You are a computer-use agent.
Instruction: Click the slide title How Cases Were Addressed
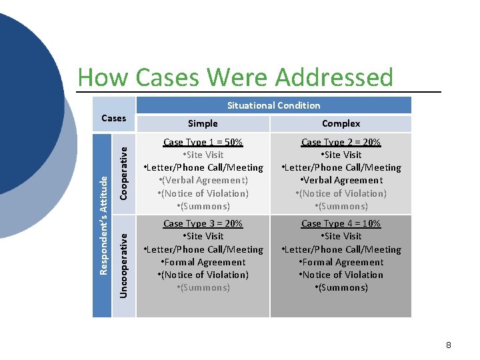pyautogui.click(x=235, y=77)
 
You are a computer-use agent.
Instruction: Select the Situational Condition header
pyautogui.click(x=273, y=105)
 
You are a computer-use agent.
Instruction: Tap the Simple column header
pyautogui.click(x=203, y=123)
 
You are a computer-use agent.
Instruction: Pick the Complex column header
pyautogui.click(x=341, y=123)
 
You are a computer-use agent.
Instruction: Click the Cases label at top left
pyautogui.click(x=113, y=118)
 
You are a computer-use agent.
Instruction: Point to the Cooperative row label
pyautogui.click(x=123, y=172)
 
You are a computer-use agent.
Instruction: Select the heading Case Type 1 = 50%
pyautogui.click(x=203, y=142)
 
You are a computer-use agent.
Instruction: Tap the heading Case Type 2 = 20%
pyautogui.click(x=341, y=142)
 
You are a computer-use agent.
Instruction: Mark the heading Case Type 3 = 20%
pyautogui.click(x=203, y=223)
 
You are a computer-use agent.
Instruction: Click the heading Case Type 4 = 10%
pyautogui.click(x=341, y=223)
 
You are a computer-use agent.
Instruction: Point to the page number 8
pyautogui.click(x=449, y=345)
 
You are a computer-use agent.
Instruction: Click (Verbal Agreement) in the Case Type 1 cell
pyautogui.click(x=204, y=180)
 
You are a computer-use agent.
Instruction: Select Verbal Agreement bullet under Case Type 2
pyautogui.click(x=342, y=180)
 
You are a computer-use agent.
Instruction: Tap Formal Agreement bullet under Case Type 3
pyautogui.click(x=204, y=262)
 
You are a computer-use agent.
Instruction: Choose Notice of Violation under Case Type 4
pyautogui.click(x=342, y=275)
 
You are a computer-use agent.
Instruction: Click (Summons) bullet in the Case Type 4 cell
pyautogui.click(x=342, y=287)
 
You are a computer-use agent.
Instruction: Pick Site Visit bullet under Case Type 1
pyautogui.click(x=204, y=155)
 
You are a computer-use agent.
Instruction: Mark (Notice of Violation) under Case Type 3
pyautogui.click(x=204, y=275)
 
